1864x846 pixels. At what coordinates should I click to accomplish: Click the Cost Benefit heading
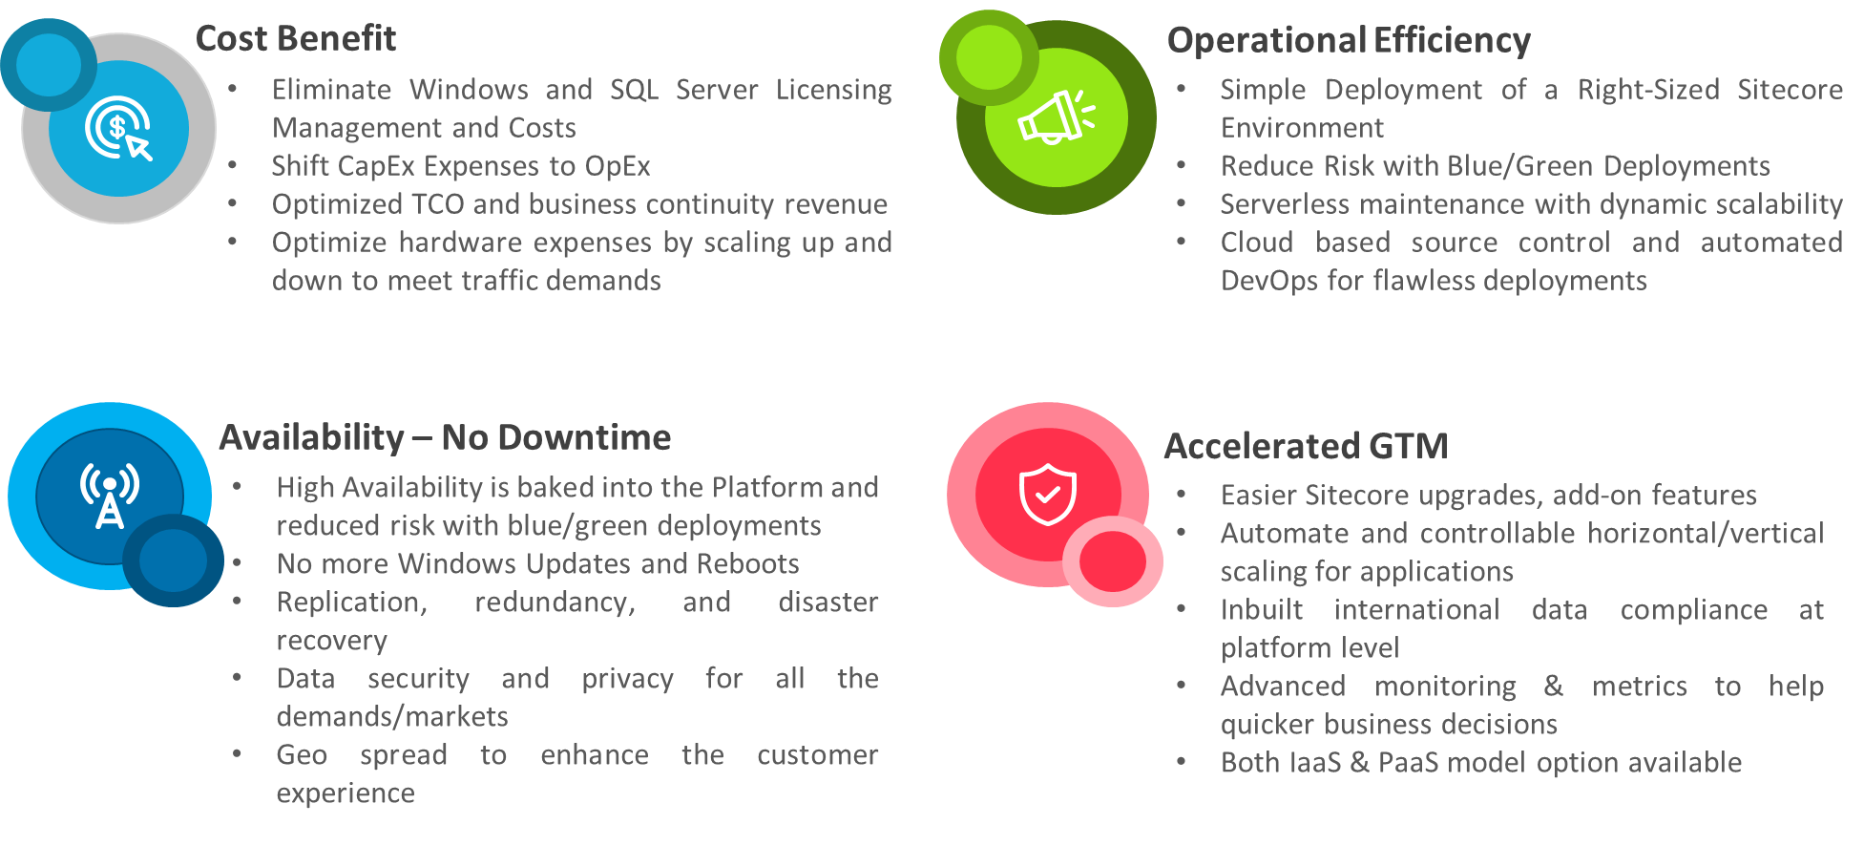pos(295,39)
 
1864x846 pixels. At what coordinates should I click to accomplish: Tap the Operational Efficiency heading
pos(1348,41)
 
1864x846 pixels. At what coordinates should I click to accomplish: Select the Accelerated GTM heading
pos(1305,446)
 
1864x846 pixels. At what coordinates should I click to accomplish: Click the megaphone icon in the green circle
pos(1055,117)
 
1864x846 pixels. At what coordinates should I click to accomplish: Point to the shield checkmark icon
pos(1047,494)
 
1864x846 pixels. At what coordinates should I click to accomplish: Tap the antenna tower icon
pos(110,495)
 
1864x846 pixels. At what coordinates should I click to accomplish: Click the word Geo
pos(302,755)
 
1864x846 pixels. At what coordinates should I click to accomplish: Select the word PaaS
pos(1408,763)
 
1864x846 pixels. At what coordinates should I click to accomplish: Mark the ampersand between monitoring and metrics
pos(1553,687)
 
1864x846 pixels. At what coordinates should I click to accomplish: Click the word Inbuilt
pos(1261,610)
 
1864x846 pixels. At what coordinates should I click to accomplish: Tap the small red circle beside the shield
pos(1112,561)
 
